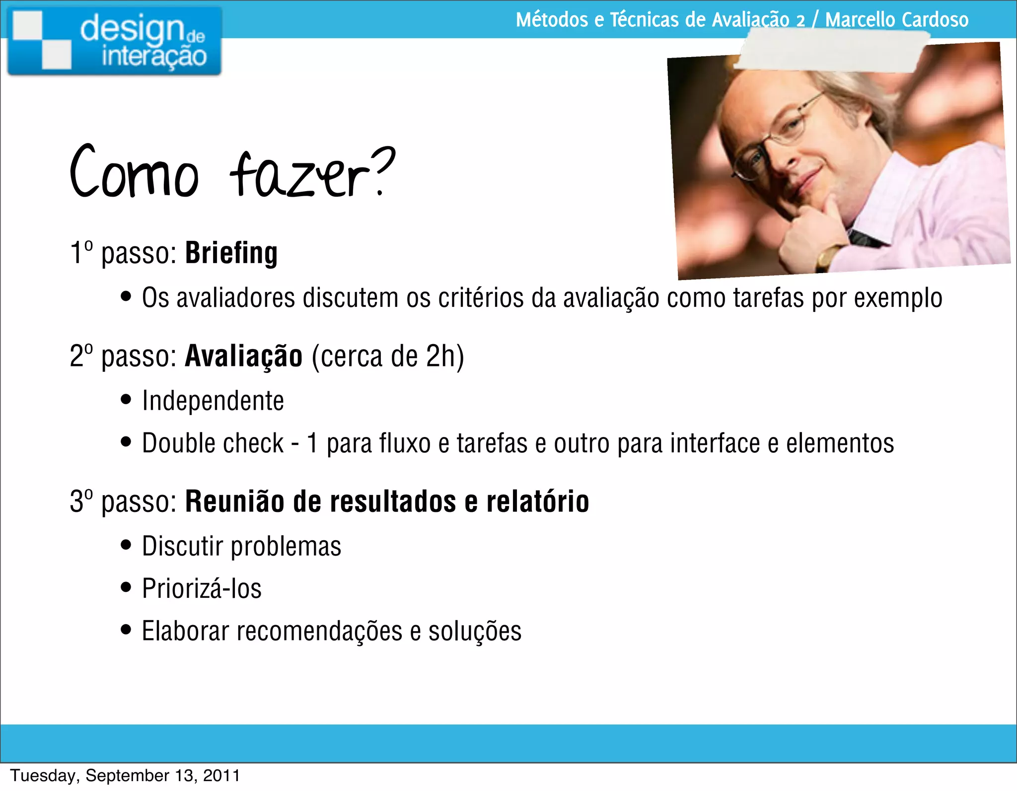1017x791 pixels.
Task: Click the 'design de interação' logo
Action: [114, 41]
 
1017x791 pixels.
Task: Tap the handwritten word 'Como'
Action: [134, 171]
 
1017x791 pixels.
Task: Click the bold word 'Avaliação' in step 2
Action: [243, 356]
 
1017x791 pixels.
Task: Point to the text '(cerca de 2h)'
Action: [388, 356]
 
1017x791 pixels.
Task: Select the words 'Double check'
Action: [213, 443]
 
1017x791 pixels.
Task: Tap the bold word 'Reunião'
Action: [235, 501]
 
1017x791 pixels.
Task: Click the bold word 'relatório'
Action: [538, 501]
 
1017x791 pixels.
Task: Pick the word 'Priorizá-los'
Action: [202, 588]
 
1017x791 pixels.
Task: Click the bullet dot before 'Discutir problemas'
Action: [126, 545]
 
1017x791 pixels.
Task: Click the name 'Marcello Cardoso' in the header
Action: [897, 20]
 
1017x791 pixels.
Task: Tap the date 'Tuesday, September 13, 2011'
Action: [125, 776]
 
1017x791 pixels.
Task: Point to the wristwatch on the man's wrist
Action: [829, 256]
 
